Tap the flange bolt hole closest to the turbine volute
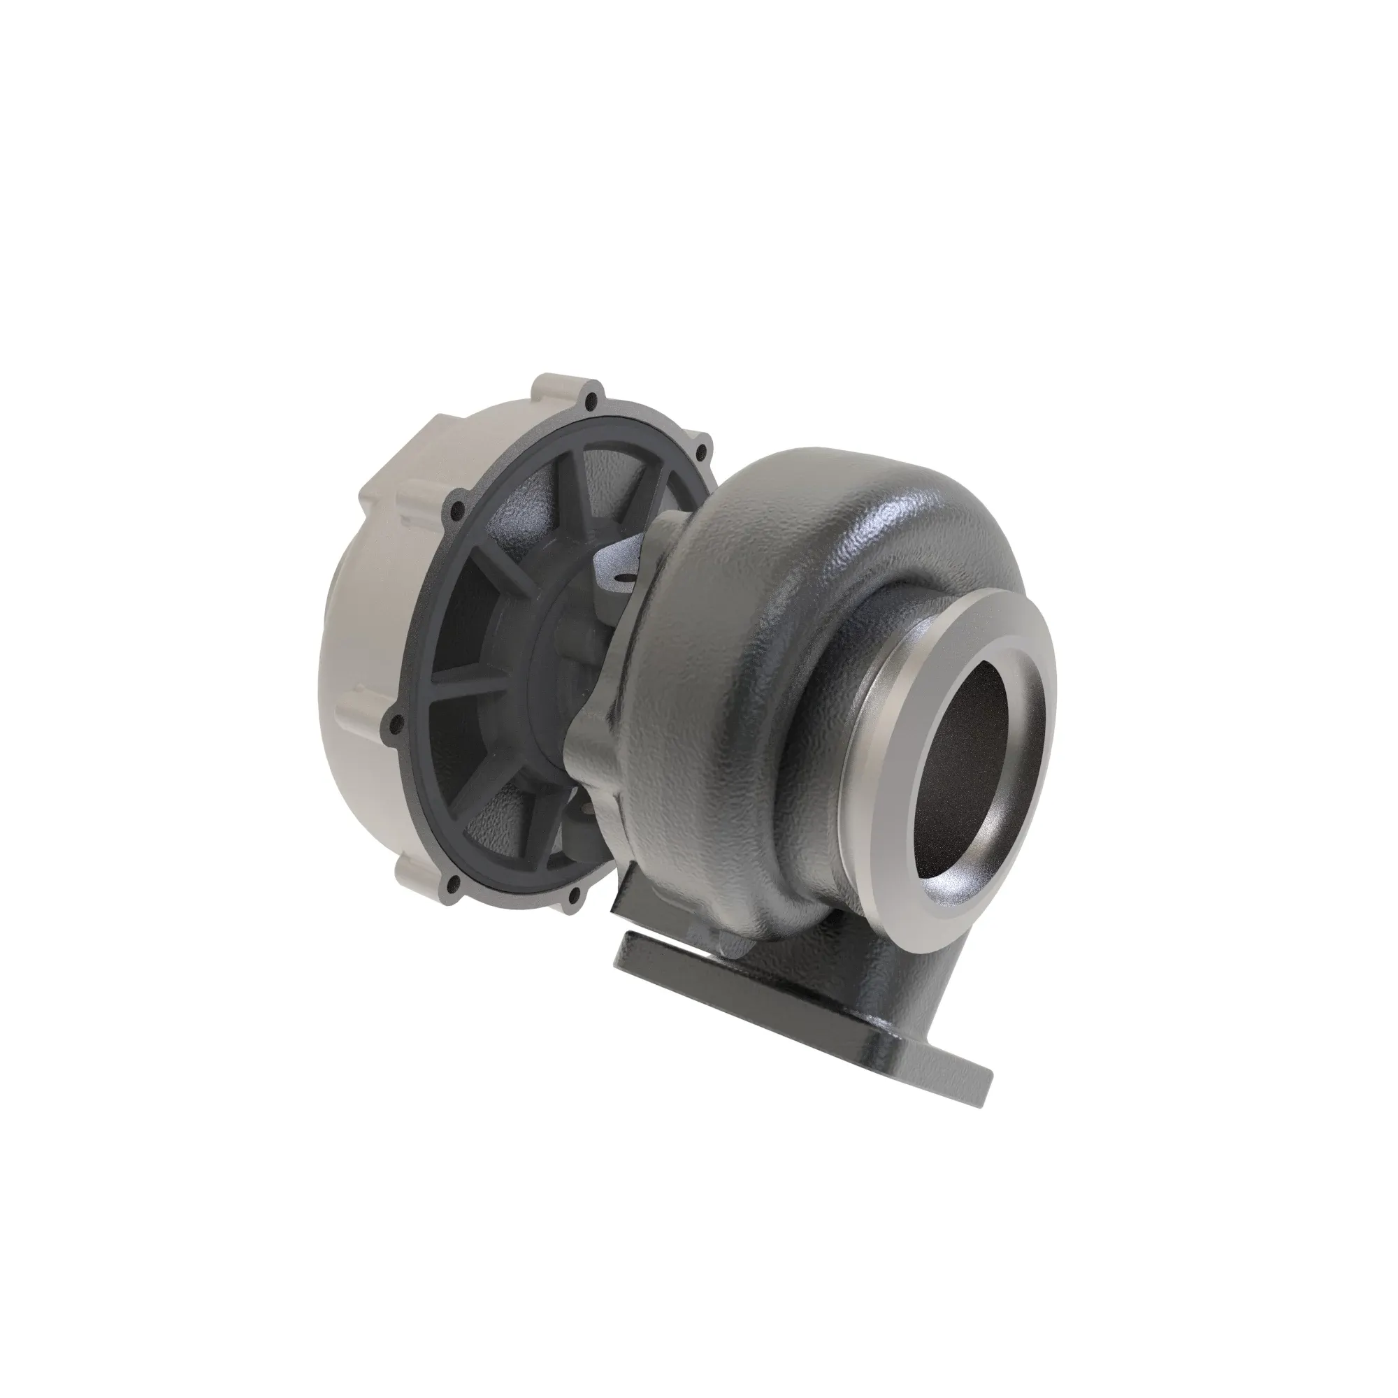tap(700, 452)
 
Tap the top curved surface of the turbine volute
tap(832, 477)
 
